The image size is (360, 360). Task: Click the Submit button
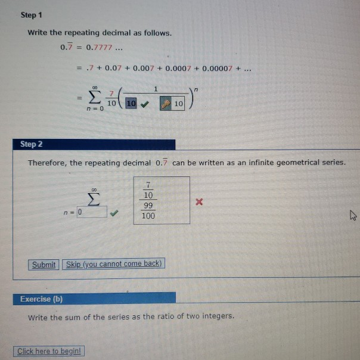[44, 265]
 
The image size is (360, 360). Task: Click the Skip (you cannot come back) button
[113, 264]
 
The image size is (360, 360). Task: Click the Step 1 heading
[32, 14]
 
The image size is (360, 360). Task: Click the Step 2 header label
[32, 144]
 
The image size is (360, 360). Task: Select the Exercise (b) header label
[41, 299]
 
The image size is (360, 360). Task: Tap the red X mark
[200, 203]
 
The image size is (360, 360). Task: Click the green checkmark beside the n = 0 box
[114, 212]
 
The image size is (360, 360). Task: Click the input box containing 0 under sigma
[92, 212]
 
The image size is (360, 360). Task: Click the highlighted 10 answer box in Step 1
[129, 104]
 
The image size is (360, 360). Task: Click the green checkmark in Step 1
[144, 104]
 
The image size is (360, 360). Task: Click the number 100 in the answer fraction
[148, 216]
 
